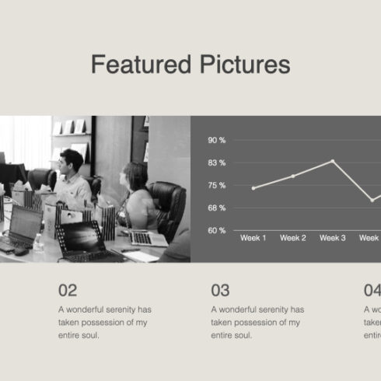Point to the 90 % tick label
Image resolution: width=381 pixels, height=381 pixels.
216,140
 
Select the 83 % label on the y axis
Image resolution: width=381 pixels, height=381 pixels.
216,163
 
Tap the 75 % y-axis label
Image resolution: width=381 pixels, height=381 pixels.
216,185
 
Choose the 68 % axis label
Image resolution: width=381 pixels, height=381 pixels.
216,208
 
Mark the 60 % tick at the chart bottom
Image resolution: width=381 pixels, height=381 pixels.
216,230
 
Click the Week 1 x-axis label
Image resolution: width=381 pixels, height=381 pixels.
253,238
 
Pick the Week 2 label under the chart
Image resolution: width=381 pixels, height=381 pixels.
293,238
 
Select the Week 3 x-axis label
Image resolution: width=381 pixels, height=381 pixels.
333,238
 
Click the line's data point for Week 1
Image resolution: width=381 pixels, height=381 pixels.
253,188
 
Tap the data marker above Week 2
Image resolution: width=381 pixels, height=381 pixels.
293,177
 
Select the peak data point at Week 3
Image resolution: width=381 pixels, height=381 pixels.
333,161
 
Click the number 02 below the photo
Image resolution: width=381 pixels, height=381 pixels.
68,291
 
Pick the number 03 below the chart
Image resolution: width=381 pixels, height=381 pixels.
220,291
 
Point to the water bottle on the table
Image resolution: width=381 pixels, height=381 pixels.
38,243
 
